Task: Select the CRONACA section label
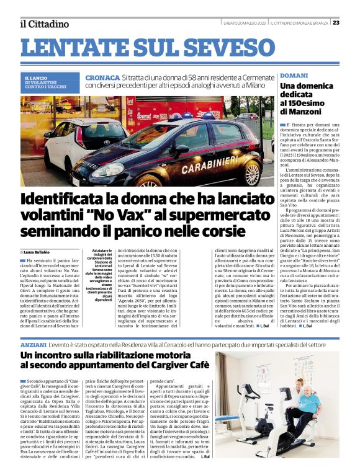pyautogui.click(x=103, y=78)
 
